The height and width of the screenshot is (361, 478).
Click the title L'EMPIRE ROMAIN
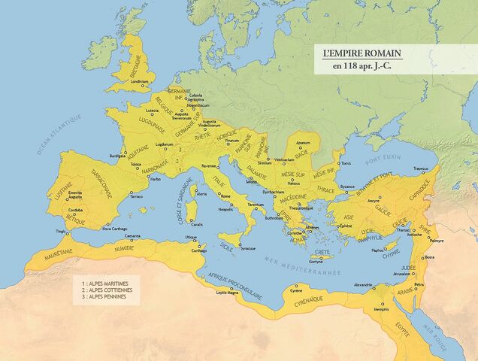tap(361, 54)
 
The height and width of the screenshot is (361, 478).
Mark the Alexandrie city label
tap(363, 286)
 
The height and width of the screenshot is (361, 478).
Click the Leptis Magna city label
tap(227, 293)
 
